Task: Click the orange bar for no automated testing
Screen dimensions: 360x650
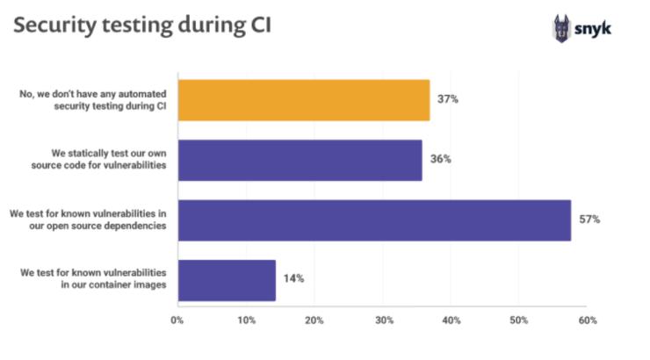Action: point(303,100)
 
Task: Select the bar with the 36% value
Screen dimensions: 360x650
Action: point(300,160)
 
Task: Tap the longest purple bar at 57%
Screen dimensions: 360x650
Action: point(374,220)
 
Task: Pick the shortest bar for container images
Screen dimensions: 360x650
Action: point(227,280)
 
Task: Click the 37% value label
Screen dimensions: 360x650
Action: point(448,99)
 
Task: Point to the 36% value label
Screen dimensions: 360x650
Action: point(440,160)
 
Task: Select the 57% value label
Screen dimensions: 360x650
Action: point(589,220)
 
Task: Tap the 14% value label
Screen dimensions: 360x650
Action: point(293,279)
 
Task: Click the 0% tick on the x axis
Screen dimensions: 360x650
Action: point(177,320)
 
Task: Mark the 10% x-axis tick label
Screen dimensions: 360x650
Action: point(246,320)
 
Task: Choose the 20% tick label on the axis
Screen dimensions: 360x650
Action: point(314,320)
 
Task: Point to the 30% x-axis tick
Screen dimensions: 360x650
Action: point(383,320)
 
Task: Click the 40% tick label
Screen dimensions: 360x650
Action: point(451,320)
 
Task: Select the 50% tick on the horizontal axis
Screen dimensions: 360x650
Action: point(520,320)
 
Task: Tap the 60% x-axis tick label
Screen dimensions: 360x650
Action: point(588,320)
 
